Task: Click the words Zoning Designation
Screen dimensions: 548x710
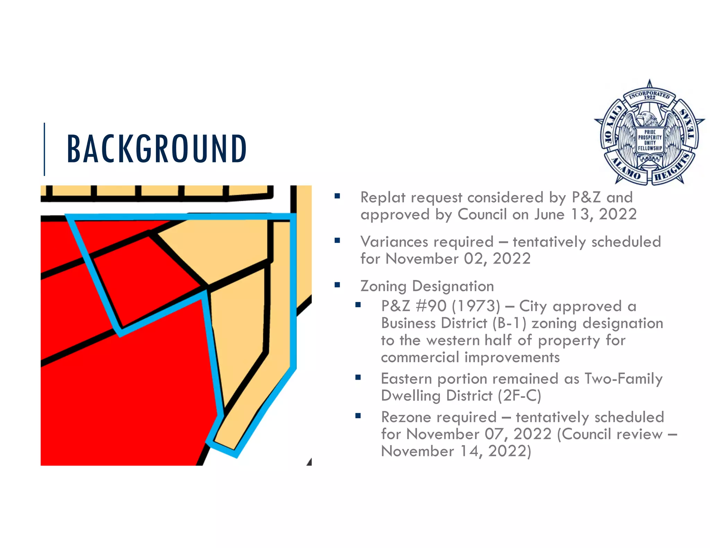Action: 427,286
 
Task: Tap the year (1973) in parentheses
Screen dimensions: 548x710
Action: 476,306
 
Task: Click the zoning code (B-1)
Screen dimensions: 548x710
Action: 509,323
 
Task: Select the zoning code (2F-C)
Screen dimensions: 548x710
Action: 519,396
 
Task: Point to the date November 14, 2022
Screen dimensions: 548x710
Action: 456,451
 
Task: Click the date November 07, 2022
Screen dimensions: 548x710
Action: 479,434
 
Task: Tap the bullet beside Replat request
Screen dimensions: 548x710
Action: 337,196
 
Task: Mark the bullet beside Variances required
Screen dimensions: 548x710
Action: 337,241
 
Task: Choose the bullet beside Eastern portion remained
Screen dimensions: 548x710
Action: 358,378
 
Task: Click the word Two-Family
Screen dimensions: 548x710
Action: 623,379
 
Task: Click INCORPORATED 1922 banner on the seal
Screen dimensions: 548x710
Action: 649,95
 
